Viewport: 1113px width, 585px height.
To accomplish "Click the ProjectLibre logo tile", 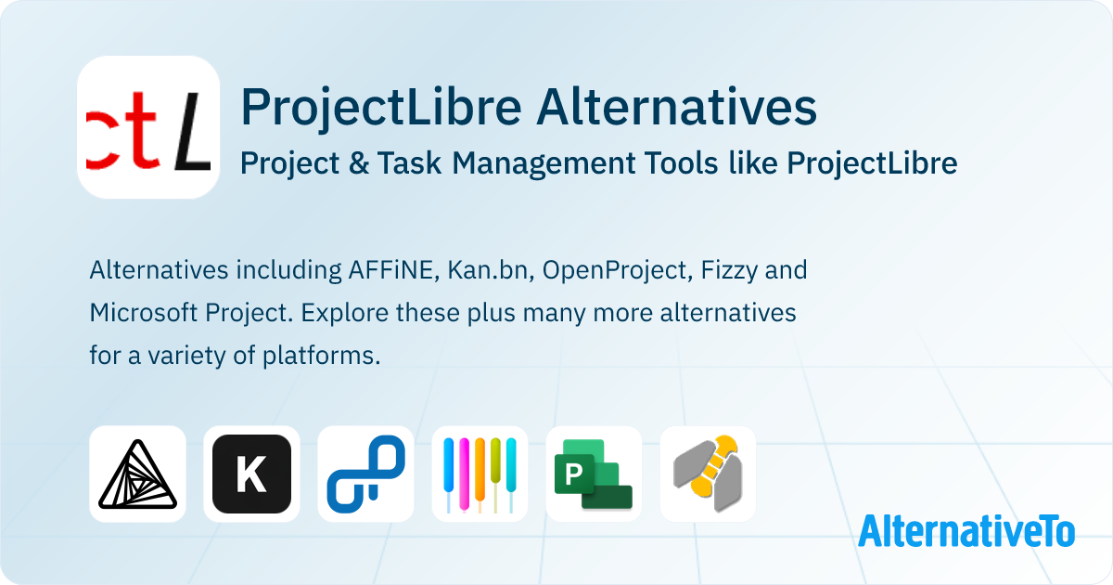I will pyautogui.click(x=148, y=127).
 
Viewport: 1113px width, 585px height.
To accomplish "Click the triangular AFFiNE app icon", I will pyautogui.click(x=137, y=474).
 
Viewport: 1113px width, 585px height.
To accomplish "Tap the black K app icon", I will pyautogui.click(x=251, y=474).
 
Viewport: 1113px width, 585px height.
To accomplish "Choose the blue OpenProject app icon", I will pyautogui.click(x=365, y=474).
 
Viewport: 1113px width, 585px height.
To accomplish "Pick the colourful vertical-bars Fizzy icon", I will pyautogui.click(x=480, y=474).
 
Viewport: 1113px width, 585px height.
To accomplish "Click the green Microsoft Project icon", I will pyautogui.click(x=594, y=474).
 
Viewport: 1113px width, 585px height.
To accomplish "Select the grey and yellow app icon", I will pyautogui.click(x=708, y=474).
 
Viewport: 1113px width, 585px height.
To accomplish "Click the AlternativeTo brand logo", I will pyautogui.click(x=966, y=530).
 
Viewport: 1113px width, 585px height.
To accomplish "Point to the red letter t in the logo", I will pyautogui.click(x=146, y=139).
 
